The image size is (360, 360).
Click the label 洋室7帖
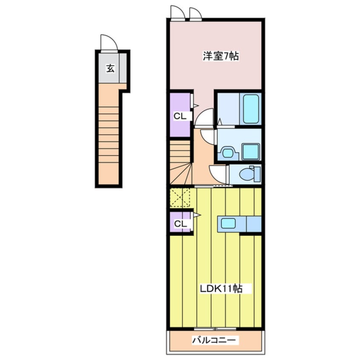tap(220, 56)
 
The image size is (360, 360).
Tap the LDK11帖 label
tap(221, 289)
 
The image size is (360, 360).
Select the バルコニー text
tap(214, 340)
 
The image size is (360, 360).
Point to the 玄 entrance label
tap(110, 69)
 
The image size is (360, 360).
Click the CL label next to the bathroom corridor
tap(180, 117)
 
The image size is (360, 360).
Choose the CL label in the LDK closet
tap(180, 224)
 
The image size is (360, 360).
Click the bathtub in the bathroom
tap(251, 109)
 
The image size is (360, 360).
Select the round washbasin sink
tap(227, 153)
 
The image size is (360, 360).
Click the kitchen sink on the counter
tap(228, 223)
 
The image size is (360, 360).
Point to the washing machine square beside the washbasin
tap(251, 151)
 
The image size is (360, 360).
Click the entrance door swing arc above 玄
tap(109, 42)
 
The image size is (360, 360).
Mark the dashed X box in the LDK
tap(180, 198)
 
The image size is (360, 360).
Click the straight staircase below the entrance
tap(109, 134)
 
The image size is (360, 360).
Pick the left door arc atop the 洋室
tap(178, 13)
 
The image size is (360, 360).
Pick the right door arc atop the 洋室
tap(196, 14)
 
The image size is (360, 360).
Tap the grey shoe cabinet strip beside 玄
tap(123, 68)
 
